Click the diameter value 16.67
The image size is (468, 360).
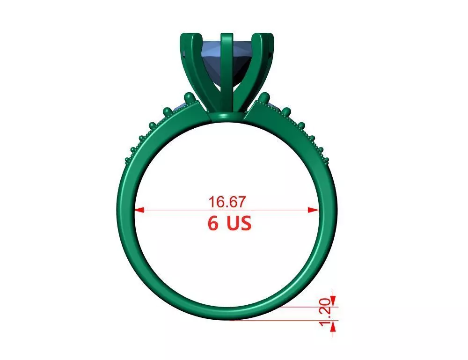coord(227,202)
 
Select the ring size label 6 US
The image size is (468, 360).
coord(229,223)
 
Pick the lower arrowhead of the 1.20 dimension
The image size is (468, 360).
coord(333,329)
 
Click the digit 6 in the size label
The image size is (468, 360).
coord(213,223)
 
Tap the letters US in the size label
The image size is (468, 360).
coord(239,223)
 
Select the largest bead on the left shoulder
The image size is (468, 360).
coord(190,98)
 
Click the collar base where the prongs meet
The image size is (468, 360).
coord(227,116)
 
